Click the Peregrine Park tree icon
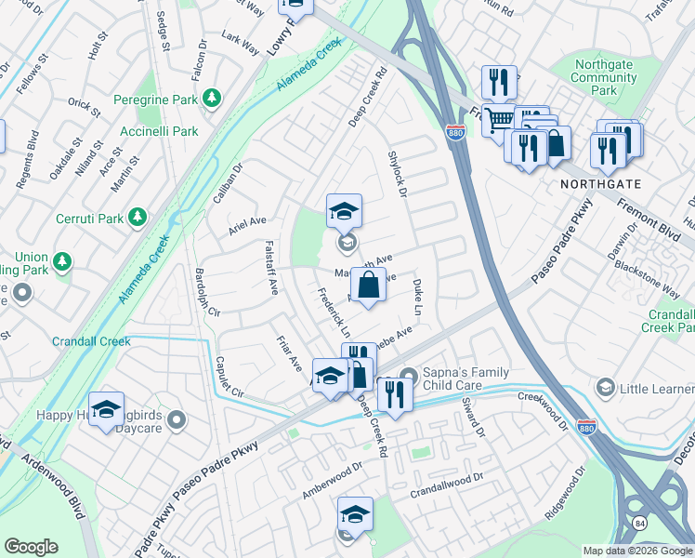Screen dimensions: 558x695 (213, 97)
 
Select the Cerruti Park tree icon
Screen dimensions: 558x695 (138, 217)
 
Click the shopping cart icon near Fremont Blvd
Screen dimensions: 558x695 (500, 118)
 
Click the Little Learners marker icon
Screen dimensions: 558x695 (605, 386)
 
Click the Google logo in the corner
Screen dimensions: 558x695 (31, 547)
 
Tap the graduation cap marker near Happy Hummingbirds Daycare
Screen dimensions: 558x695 (107, 408)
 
